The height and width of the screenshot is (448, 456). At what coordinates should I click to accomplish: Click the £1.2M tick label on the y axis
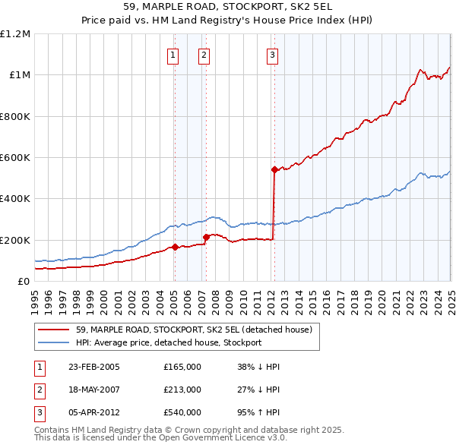click(x=15, y=34)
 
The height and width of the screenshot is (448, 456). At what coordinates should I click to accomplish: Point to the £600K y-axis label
click(x=15, y=158)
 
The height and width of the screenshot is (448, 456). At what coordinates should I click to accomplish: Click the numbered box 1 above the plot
click(x=174, y=54)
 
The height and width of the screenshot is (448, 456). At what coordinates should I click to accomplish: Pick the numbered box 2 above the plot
click(x=205, y=54)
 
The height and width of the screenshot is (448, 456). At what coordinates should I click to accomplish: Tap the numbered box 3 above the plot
click(x=272, y=54)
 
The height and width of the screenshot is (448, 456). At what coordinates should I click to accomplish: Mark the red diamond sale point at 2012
click(x=274, y=170)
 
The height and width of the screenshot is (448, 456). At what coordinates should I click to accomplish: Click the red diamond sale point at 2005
click(x=175, y=247)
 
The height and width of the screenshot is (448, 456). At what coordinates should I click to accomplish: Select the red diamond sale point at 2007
click(x=206, y=238)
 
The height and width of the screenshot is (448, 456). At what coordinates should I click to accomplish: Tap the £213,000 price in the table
click(x=182, y=390)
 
